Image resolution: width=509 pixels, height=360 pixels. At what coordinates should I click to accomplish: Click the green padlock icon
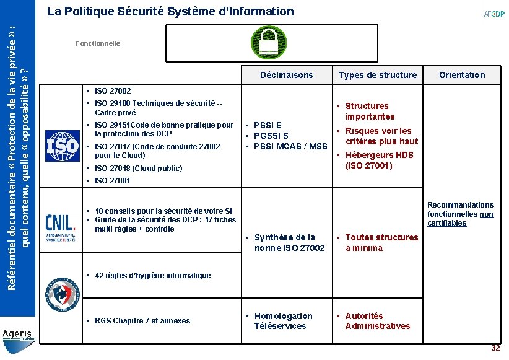pyautogui.click(x=268, y=43)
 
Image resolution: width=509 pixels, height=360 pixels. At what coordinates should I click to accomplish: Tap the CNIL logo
pyautogui.click(x=61, y=227)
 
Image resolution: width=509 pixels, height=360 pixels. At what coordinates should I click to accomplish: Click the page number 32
pyautogui.click(x=495, y=348)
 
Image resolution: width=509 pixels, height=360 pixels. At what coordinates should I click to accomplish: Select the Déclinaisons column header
pyautogui.click(x=287, y=75)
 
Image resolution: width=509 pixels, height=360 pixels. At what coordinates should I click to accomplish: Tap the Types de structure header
pyautogui.click(x=377, y=75)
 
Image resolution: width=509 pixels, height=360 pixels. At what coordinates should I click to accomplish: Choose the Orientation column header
pyautogui.click(x=462, y=75)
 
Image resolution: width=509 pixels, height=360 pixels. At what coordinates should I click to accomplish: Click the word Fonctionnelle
pyautogui.click(x=98, y=43)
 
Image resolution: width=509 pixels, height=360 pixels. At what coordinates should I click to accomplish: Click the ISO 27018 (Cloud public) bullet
pyautogui.click(x=138, y=168)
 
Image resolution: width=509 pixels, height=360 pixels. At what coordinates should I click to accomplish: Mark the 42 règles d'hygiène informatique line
pyautogui.click(x=152, y=275)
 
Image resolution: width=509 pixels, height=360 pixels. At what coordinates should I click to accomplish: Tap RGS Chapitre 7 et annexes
pyautogui.click(x=142, y=320)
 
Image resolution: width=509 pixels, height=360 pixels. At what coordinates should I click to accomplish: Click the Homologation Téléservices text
pyautogui.click(x=283, y=321)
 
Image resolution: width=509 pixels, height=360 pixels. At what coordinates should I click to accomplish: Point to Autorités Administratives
pyautogui.click(x=377, y=321)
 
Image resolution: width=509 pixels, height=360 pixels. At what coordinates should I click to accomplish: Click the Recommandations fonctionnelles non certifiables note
pyautogui.click(x=460, y=214)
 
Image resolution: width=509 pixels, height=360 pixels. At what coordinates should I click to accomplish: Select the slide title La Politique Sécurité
pyautogui.click(x=170, y=11)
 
